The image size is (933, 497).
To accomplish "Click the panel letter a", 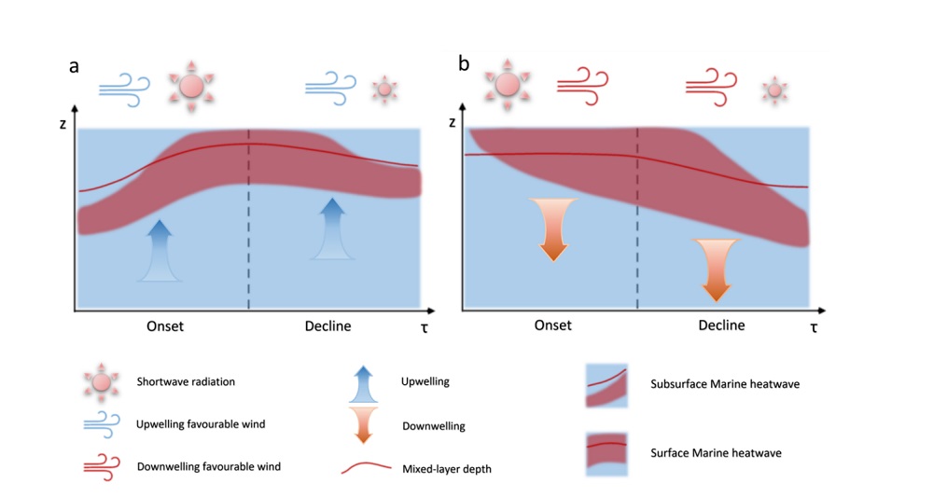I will click(x=74, y=66).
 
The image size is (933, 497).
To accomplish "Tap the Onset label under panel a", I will click(x=164, y=326).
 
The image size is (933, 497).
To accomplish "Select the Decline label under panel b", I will click(x=721, y=325).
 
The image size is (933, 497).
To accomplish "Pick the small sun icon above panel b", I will click(x=773, y=90).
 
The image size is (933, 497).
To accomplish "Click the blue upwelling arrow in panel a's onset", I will click(x=160, y=249).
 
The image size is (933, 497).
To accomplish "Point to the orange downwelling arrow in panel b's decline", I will click(x=716, y=269).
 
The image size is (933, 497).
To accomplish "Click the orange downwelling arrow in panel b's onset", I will click(x=553, y=228).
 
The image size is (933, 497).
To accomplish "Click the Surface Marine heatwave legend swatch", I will click(x=606, y=454).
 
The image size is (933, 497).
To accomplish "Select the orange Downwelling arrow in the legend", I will click(x=364, y=425).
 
